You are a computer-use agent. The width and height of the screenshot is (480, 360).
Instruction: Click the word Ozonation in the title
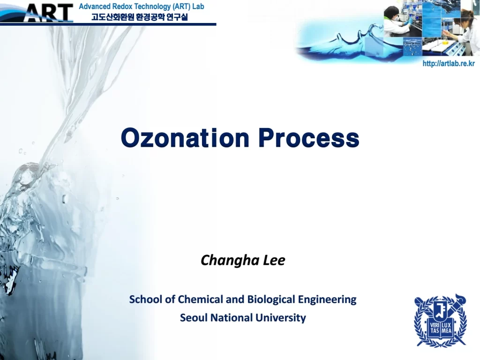tap(185, 138)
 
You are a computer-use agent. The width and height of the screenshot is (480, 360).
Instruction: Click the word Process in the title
tap(308, 138)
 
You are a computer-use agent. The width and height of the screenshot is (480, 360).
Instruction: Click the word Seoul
tap(194, 317)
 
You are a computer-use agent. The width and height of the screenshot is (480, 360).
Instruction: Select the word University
tap(281, 318)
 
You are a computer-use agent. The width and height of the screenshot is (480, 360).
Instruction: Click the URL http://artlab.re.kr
tap(449, 63)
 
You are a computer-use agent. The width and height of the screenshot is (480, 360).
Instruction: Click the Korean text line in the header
tap(139, 16)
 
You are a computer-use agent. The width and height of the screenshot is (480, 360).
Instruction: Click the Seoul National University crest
tap(440, 320)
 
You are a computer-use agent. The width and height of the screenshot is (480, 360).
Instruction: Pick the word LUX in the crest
tap(446, 325)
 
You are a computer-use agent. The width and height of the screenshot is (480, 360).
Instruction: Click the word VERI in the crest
tap(435, 325)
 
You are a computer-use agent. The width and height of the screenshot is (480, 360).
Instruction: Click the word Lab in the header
tap(198, 7)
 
